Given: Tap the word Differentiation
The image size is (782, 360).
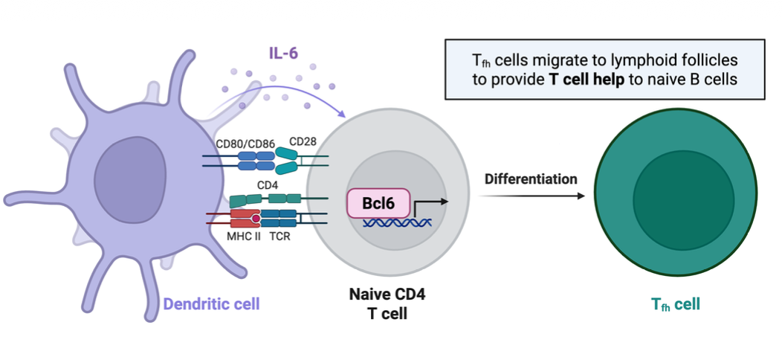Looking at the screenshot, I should [x=531, y=179].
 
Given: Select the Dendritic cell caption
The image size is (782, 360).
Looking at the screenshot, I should [x=211, y=303].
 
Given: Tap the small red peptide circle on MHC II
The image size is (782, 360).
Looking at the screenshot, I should [x=255, y=218].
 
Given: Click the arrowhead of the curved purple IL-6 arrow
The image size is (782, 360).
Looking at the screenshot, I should [x=342, y=115].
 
